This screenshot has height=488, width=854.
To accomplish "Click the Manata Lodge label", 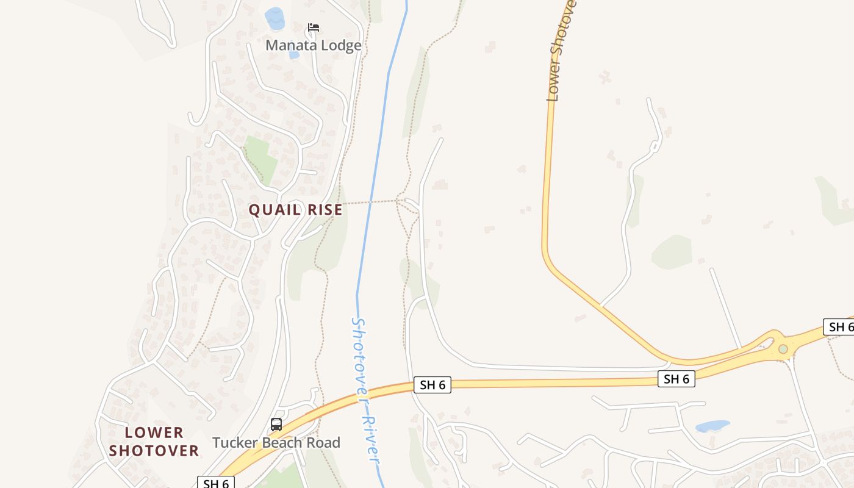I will click(313, 45).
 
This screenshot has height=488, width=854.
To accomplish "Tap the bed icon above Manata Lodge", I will click(314, 27).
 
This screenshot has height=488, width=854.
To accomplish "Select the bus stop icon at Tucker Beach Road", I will click(276, 424).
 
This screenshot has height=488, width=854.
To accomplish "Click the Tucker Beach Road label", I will click(276, 442).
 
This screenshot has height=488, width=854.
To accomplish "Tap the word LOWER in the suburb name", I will click(154, 432).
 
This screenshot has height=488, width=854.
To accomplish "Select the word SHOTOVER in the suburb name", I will click(154, 451).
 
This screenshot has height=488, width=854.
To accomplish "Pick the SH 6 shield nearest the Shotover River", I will click(432, 384).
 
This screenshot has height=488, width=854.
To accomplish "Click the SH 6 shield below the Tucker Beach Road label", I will click(216, 483).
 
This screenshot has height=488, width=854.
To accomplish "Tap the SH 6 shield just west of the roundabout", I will click(676, 379).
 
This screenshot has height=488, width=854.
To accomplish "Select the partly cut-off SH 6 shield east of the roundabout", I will click(840, 326).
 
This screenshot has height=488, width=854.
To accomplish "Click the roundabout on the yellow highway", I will click(783, 349).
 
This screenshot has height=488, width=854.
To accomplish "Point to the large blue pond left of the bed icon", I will click(274, 18).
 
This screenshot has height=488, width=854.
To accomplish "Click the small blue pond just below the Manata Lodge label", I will click(294, 55).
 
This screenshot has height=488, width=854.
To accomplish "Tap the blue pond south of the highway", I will click(712, 426).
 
